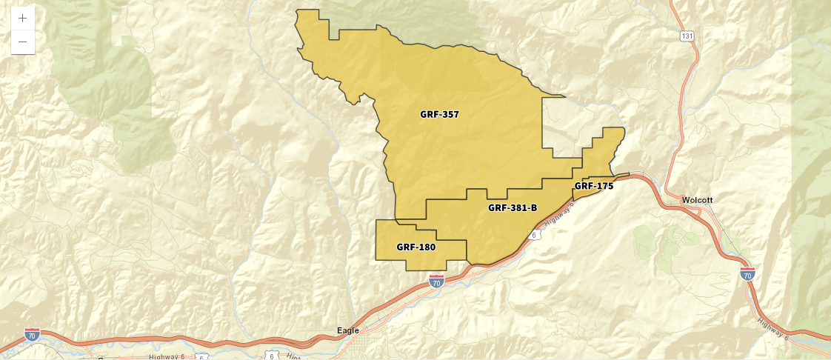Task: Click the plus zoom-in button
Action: (23, 18)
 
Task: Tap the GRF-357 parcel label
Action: (439, 115)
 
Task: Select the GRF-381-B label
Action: (513, 208)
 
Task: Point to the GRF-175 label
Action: (594, 186)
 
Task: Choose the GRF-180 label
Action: (415, 247)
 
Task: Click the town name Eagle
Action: (347, 330)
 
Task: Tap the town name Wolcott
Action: (698, 201)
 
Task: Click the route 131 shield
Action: (688, 36)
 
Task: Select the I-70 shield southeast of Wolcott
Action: (747, 274)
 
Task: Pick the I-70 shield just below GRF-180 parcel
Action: (436, 281)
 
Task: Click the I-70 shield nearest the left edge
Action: (32, 335)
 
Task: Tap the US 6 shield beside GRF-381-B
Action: (533, 235)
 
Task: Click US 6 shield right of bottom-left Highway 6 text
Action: (201, 357)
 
